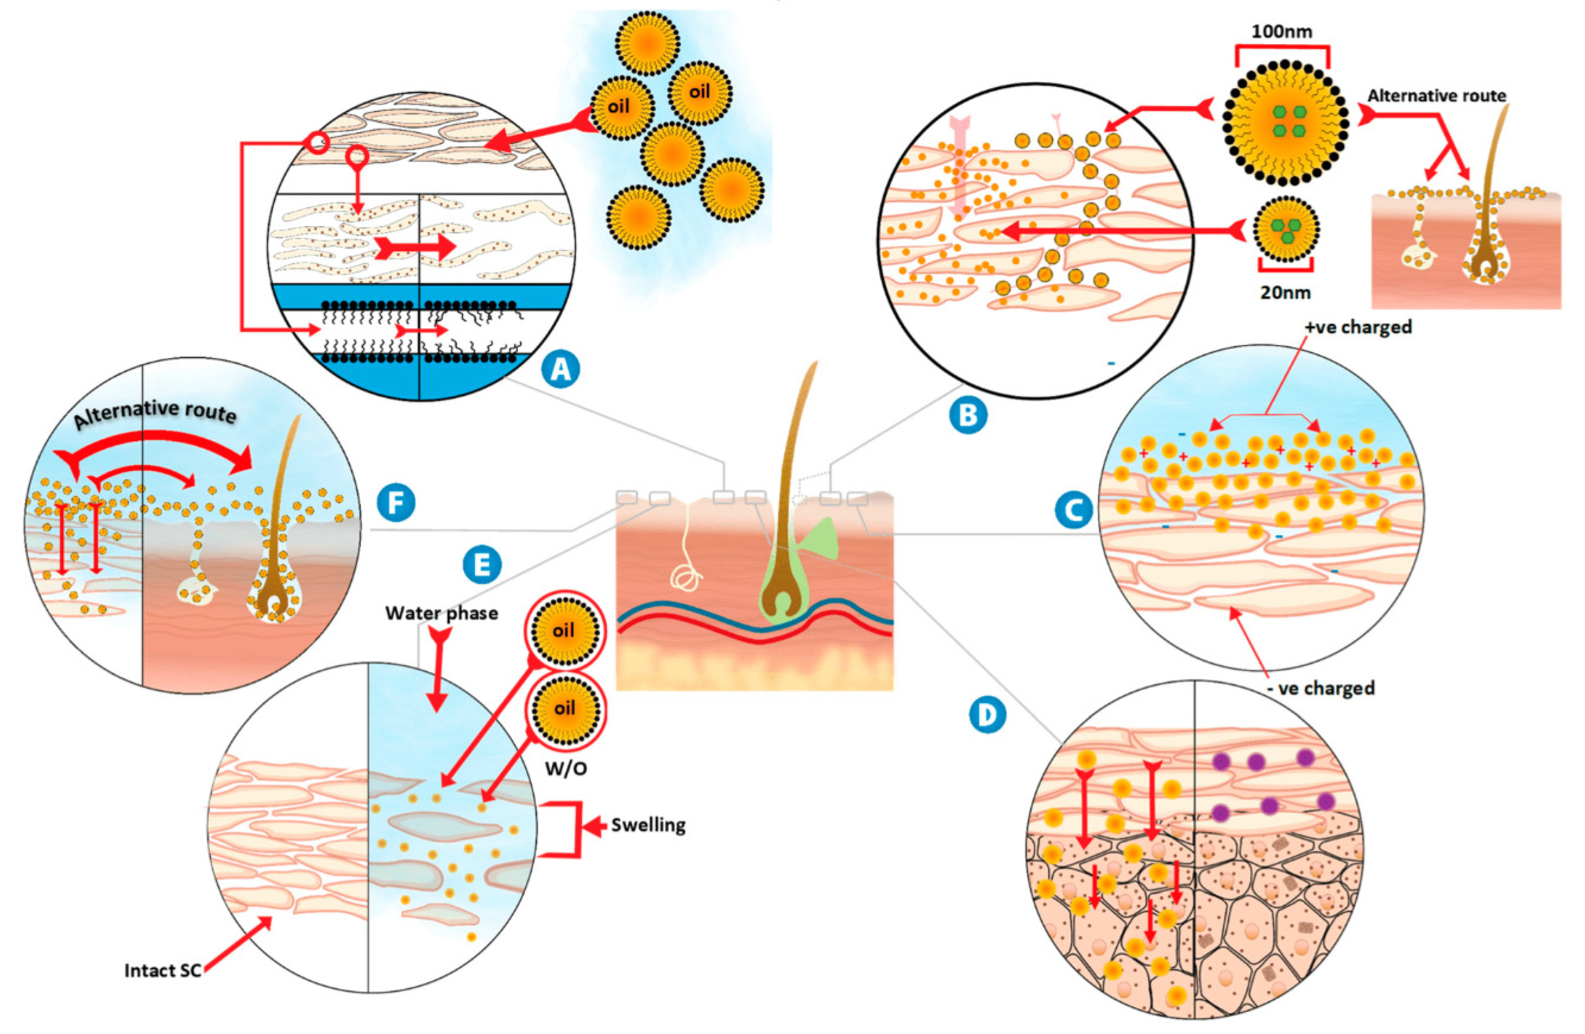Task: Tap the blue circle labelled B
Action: pyautogui.click(x=968, y=415)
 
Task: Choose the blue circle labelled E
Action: pyautogui.click(x=481, y=565)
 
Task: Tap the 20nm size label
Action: pyautogui.click(x=1285, y=292)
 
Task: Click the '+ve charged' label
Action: pyautogui.click(x=1358, y=327)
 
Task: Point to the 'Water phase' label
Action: pyautogui.click(x=441, y=612)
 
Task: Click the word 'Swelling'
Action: pyautogui.click(x=648, y=825)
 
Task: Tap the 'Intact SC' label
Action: pyautogui.click(x=162, y=970)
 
